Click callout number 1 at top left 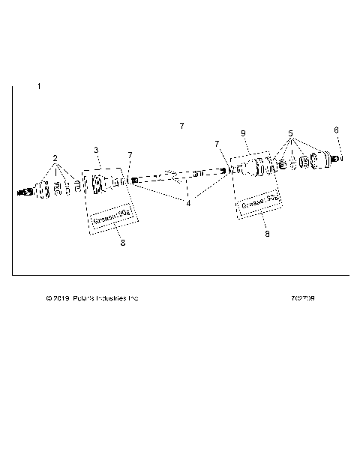pyautogui.click(x=39, y=88)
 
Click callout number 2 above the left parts pyautogui.click(x=55, y=158)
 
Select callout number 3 pyautogui.click(x=96, y=151)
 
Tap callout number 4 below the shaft pyautogui.click(x=188, y=202)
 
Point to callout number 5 pyautogui.click(x=289, y=133)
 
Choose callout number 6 pyautogui.click(x=336, y=130)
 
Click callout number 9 pyautogui.click(x=243, y=133)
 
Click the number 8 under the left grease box pyautogui.click(x=122, y=242)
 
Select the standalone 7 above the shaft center pyautogui.click(x=181, y=126)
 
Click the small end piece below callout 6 pyautogui.click(x=340, y=158)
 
